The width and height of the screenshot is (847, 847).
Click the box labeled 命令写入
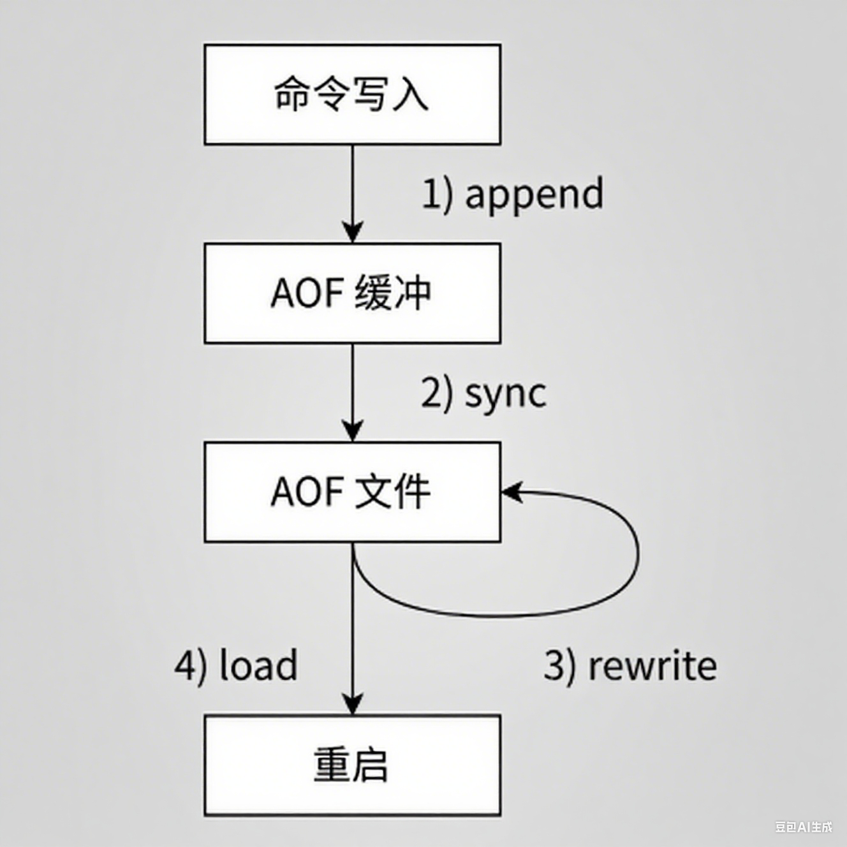point(352,94)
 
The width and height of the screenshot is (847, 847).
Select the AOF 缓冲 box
point(352,293)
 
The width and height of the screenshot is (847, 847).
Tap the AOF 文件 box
point(352,492)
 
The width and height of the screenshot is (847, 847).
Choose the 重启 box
point(352,765)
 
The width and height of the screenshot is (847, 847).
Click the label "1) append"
point(512,194)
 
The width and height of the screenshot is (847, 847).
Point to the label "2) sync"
point(483,393)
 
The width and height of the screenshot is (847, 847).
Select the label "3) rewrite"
point(630,666)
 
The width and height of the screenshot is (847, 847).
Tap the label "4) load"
point(236,666)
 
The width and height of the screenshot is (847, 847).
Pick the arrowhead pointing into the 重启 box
point(353,704)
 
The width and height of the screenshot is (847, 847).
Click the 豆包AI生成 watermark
point(804,827)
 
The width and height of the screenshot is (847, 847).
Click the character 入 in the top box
point(410,94)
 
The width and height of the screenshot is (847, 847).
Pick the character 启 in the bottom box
point(369,765)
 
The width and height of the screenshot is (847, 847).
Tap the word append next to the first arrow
point(534,194)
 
